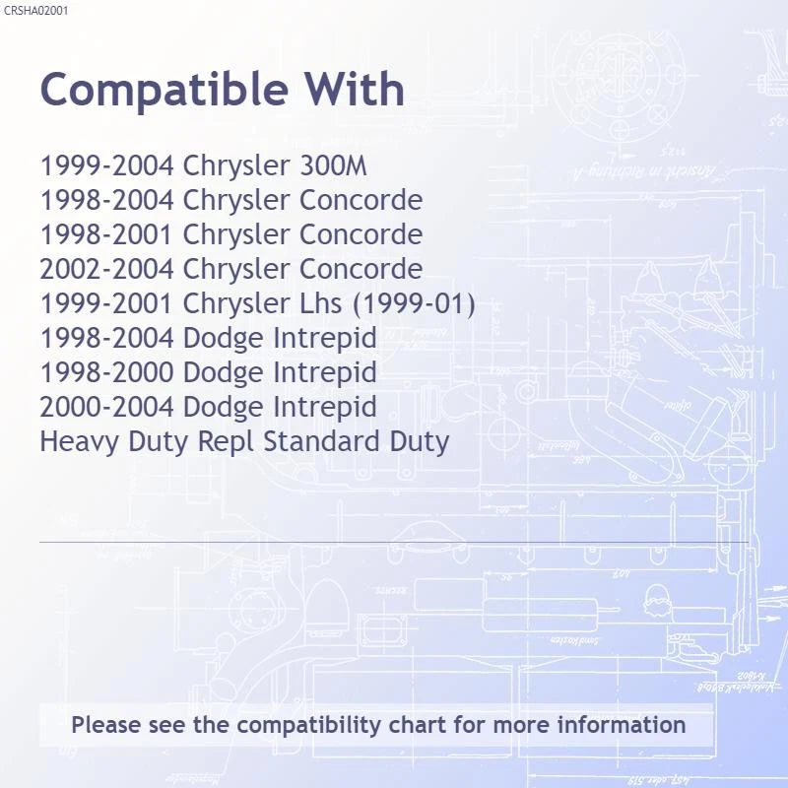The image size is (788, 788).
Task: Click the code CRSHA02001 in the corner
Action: coord(35,11)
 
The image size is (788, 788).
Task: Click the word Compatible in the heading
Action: coord(164,91)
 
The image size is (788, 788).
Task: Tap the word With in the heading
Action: coord(355,89)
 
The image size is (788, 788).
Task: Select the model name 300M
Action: coord(333,165)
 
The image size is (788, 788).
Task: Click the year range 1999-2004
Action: coord(107,165)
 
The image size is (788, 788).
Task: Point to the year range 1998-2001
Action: coord(107,234)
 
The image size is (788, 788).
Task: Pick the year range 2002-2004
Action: coord(107,268)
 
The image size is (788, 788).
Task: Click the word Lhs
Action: coord(321,303)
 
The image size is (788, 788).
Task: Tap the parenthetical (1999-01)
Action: coord(414,304)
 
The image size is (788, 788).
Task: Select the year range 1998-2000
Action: coord(107,372)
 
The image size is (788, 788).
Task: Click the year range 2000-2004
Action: coord(107,407)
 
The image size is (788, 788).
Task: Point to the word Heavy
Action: coord(80,442)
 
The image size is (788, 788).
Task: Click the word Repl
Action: coord(227,441)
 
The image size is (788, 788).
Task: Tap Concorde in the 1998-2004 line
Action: coord(361,200)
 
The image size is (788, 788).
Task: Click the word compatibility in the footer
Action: coord(309,726)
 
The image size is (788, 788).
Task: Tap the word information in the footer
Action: coord(622,725)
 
